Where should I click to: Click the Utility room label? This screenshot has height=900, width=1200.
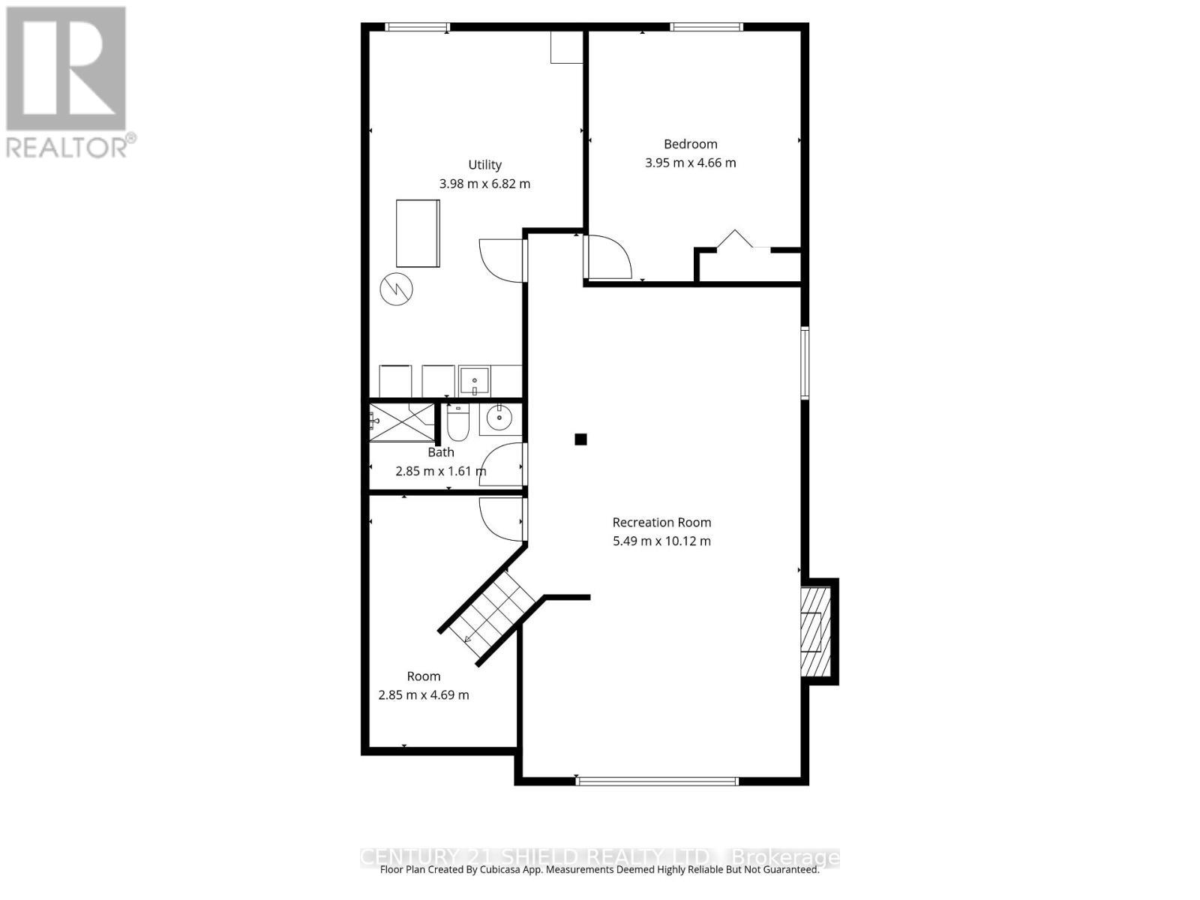coord(484,165)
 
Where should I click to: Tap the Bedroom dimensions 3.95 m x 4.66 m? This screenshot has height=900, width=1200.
coord(690,163)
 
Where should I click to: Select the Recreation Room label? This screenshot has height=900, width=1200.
coord(661,523)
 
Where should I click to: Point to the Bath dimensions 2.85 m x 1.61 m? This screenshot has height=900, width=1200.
coord(440,472)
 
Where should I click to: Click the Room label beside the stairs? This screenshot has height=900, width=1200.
coord(424,676)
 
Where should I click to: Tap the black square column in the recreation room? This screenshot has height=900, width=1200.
coord(580,439)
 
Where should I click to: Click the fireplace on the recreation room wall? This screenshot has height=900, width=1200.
coord(814,631)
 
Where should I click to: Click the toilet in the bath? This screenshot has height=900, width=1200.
coord(457,424)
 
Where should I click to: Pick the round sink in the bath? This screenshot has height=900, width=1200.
coord(499,419)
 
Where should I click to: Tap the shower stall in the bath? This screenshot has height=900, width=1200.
coord(401,422)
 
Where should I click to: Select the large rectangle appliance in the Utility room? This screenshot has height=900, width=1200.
coord(418,233)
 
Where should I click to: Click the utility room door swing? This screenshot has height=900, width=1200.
coord(501,259)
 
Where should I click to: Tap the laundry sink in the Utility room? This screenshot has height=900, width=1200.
coord(474,381)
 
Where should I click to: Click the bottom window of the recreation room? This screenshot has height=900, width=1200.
coord(657,781)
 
